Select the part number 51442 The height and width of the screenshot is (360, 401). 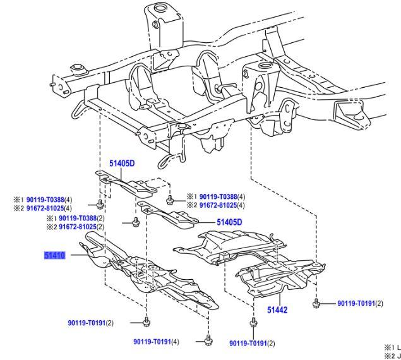click(x=277, y=310)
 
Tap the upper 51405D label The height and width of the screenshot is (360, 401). click(x=122, y=163)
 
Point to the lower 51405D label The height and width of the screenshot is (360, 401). click(x=229, y=222)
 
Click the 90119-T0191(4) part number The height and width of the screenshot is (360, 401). click(x=156, y=342)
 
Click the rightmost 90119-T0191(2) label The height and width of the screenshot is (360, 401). click(x=360, y=304)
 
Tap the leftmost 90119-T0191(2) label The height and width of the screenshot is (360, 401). click(x=91, y=323)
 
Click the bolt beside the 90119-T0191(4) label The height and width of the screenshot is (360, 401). click(x=208, y=342)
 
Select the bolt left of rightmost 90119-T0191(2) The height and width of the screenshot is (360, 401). click(x=316, y=304)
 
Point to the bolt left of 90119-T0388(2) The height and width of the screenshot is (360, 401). click(x=136, y=222)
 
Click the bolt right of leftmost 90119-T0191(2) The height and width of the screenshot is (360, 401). click(x=146, y=322)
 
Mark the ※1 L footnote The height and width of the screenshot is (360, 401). click(x=392, y=347)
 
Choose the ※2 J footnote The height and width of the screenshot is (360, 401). click(x=392, y=356)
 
